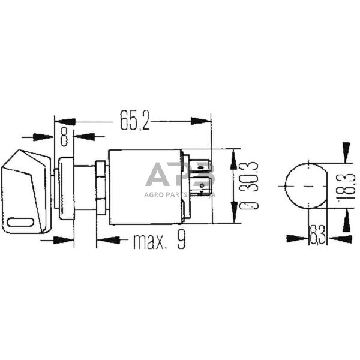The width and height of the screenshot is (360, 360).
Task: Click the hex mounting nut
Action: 101,187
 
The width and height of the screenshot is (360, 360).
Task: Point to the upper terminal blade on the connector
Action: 202,166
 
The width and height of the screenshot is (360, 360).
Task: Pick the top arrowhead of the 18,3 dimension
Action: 346,148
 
